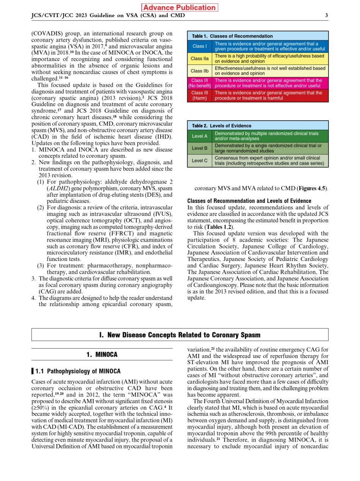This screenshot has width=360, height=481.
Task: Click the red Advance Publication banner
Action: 180,8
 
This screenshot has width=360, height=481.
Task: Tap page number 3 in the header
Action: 326,16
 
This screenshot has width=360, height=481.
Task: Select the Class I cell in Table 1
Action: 199,46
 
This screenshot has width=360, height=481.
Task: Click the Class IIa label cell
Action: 199,58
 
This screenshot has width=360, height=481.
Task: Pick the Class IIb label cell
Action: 199,71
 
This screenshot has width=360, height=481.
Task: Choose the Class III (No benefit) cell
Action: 199,83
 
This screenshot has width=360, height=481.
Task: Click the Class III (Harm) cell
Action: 199,95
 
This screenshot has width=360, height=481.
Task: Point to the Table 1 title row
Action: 258,36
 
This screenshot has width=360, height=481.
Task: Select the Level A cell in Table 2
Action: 199,136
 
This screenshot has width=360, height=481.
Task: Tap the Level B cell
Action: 199,148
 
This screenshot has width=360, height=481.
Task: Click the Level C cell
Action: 199,160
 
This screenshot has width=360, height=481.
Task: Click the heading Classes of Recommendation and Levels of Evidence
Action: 249,201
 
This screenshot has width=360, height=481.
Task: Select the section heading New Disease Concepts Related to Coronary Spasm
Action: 180,335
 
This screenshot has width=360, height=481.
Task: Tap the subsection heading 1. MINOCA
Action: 102,355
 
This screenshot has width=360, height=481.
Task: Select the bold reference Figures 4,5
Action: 313,189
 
